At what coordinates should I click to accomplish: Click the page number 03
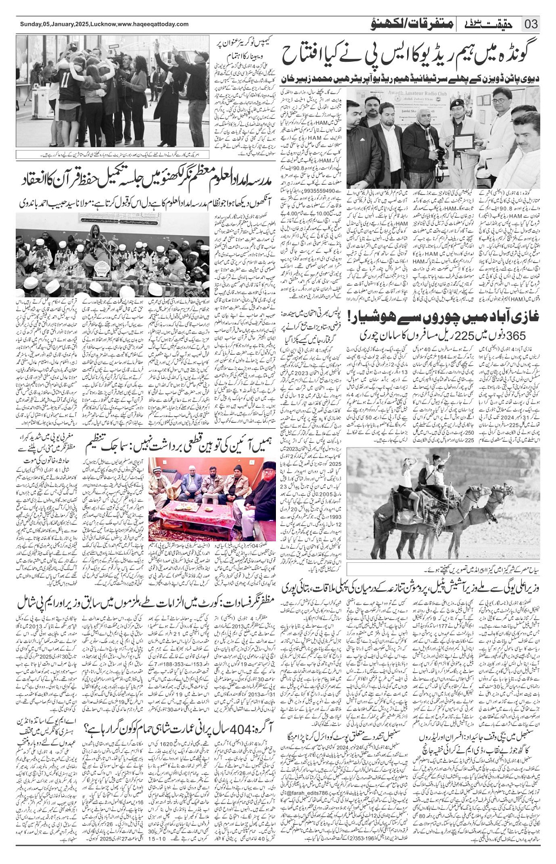531,24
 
